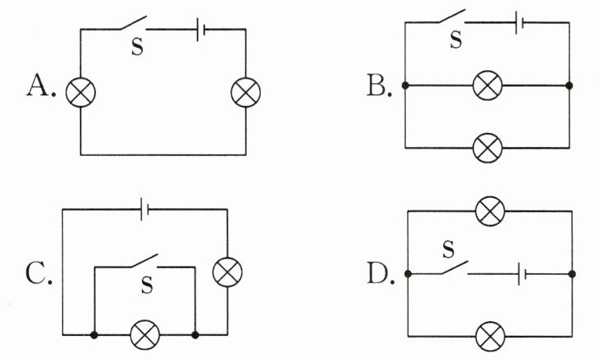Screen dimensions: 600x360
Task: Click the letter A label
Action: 38,85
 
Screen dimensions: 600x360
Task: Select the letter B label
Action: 376,85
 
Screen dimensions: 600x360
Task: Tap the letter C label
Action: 35,272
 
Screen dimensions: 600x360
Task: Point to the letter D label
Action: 377,273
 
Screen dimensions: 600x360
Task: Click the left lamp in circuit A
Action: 80,92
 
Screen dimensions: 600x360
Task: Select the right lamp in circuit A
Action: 246,92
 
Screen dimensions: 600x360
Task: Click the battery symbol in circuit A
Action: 201,29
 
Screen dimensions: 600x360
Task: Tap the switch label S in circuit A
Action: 137,47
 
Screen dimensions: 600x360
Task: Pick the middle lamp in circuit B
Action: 488,85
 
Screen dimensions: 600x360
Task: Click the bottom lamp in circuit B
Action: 488,149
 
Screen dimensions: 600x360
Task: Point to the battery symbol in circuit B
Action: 519,22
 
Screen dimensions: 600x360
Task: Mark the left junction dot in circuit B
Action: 405,85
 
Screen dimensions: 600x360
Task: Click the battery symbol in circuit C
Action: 144,210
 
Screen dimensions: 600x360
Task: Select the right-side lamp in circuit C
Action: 227,272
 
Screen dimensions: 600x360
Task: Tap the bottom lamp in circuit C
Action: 145,335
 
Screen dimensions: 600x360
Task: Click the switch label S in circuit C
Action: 147,285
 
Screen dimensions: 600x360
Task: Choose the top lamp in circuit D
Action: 489,211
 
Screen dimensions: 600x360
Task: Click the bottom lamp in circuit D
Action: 490,336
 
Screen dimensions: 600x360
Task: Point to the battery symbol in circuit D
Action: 522,274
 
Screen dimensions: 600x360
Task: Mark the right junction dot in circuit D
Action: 572,274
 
